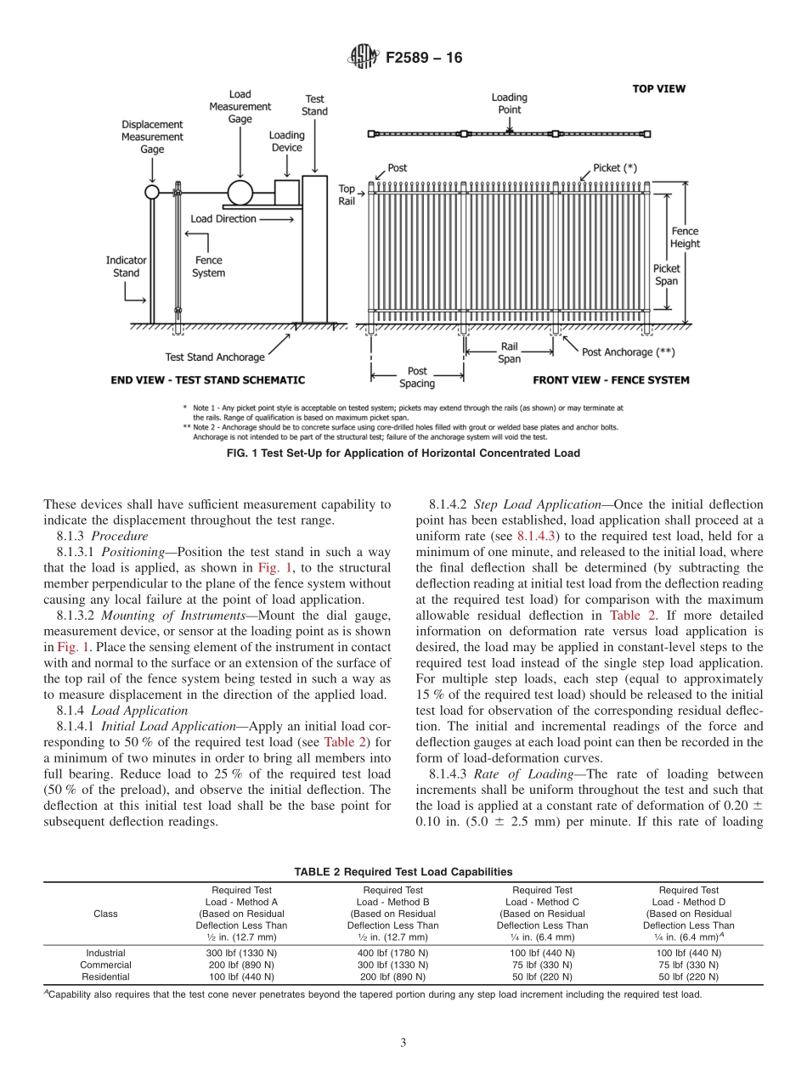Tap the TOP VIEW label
(x=658, y=88)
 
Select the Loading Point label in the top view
(x=509, y=104)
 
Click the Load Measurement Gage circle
(x=240, y=193)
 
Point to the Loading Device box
(x=287, y=193)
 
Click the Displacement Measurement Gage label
(x=152, y=137)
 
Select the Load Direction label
(x=223, y=219)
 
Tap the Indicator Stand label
(x=126, y=267)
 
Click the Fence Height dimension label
(x=685, y=237)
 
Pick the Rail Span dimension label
(x=509, y=352)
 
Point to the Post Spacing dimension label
(x=417, y=377)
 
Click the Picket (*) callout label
(x=614, y=168)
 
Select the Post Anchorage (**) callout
(x=629, y=352)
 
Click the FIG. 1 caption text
(x=403, y=453)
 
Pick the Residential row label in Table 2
(x=105, y=977)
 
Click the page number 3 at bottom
(x=403, y=1043)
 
